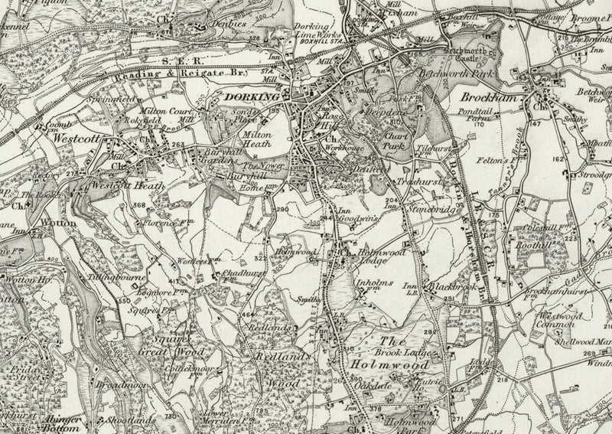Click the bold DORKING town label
pyautogui.click(x=251, y=98)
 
